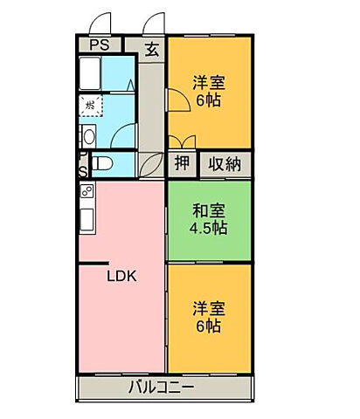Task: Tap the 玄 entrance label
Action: (152, 49)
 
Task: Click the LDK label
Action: (122, 277)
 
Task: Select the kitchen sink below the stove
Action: (87, 216)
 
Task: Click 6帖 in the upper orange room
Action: (209, 100)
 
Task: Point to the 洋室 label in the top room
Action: (209, 83)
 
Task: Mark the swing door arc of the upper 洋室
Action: (177, 103)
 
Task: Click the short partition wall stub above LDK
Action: (94, 264)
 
